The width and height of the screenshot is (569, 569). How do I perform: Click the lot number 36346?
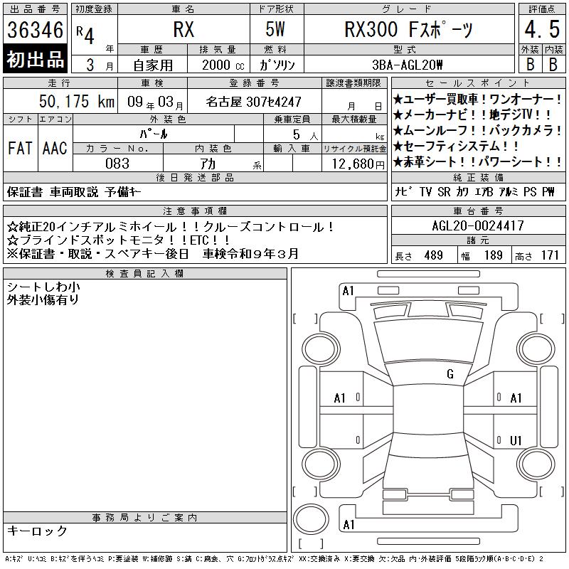pos(35,30)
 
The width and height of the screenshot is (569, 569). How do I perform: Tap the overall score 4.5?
pos(542,29)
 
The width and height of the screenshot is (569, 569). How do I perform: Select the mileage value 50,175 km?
pos(77,101)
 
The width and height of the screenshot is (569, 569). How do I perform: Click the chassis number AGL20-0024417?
pos(478,225)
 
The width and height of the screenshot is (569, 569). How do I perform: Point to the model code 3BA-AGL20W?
pos(408,65)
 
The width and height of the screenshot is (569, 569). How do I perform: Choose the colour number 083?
pos(117,164)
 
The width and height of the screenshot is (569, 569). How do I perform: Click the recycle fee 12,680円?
pos(358,164)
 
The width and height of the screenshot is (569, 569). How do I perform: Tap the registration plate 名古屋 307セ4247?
pos(253,102)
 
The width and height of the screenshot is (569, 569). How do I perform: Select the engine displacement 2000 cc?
pos(223,65)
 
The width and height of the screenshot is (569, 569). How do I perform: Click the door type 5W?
pos(275,29)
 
